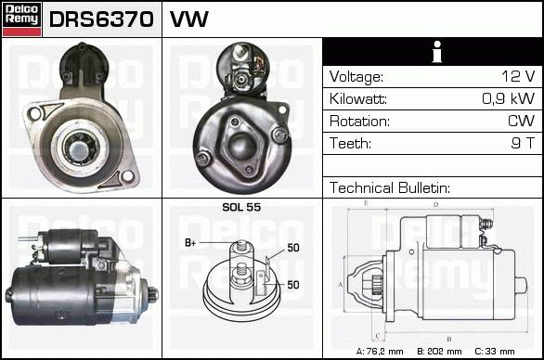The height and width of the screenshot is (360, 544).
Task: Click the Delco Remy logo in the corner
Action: (x=21, y=19)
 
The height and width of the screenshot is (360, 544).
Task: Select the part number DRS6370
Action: (x=101, y=19)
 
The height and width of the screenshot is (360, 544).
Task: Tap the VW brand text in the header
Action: (x=189, y=19)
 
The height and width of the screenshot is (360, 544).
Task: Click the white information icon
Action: (x=437, y=52)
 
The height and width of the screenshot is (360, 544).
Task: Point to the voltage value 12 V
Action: (x=518, y=76)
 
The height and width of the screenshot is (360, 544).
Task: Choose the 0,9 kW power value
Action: (x=509, y=98)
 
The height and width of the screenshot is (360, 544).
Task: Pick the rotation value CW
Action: (x=521, y=121)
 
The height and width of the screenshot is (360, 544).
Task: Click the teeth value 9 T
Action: (x=523, y=143)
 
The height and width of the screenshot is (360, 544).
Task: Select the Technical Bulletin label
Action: (x=390, y=187)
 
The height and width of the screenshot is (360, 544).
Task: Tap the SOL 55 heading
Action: (x=241, y=207)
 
